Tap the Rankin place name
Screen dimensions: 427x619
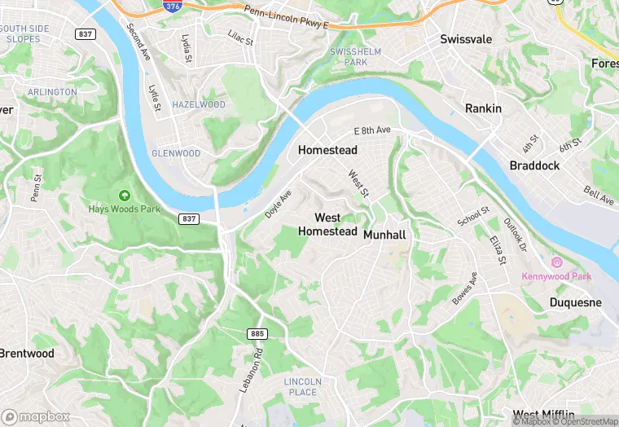click(x=483, y=108)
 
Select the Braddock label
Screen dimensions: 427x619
click(x=534, y=165)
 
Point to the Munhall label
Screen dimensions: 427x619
click(x=384, y=235)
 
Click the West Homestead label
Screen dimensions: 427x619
click(x=327, y=224)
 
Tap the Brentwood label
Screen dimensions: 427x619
click(x=27, y=354)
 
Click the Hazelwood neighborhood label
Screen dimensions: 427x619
click(x=199, y=105)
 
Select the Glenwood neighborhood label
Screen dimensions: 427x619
click(x=176, y=153)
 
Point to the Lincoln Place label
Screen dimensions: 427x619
click(x=303, y=386)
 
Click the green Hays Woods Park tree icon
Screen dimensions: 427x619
click(x=124, y=196)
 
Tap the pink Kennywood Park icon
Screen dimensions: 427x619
click(x=557, y=262)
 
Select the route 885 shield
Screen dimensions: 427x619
click(x=257, y=334)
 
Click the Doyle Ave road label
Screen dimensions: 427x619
click(x=278, y=204)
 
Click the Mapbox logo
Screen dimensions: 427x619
click(x=36, y=416)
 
